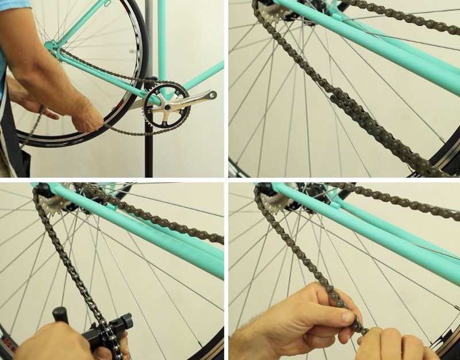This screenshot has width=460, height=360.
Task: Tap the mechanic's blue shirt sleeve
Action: [14, 5]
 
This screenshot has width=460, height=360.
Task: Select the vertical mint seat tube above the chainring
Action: [162, 40]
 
